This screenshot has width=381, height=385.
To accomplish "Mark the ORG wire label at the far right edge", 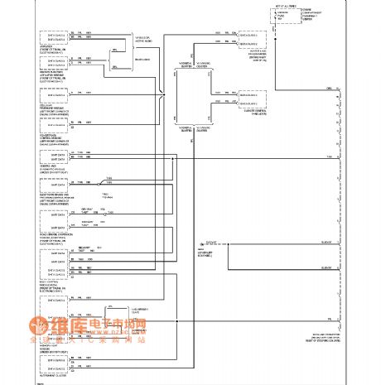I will pos(329,87).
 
